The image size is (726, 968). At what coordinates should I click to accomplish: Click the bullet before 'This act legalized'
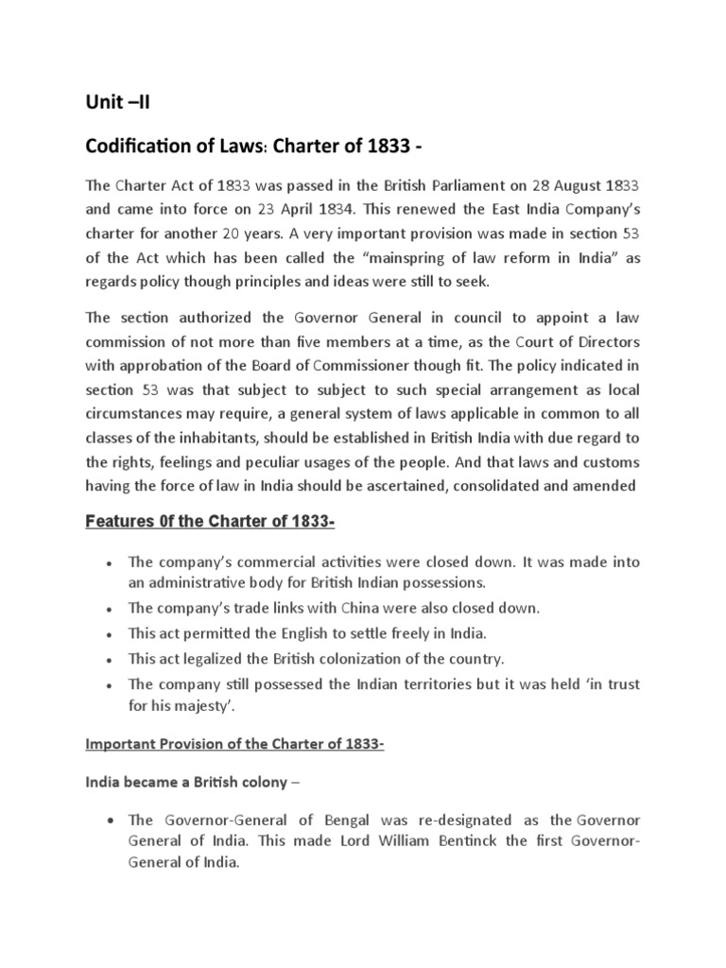(110, 659)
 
